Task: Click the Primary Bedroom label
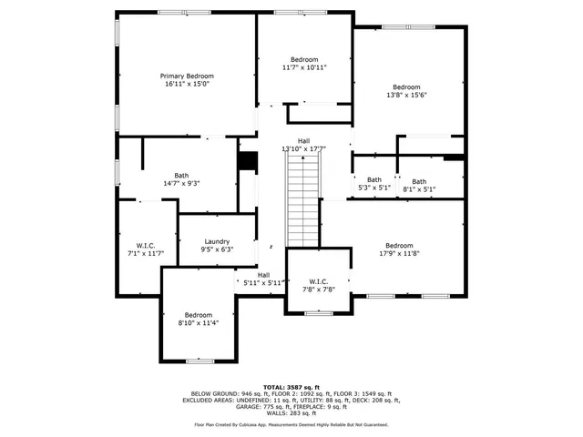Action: pos(187,76)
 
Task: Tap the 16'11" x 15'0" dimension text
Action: pos(187,84)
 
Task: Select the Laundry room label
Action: pos(217,241)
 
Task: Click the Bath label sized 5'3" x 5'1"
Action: pos(374,180)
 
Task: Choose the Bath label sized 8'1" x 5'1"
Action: pos(418,181)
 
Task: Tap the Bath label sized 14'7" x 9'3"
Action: pos(181,176)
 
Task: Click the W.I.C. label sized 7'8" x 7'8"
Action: pos(318,280)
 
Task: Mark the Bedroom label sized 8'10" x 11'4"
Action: pos(198,314)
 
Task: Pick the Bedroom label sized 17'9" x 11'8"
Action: pos(399,245)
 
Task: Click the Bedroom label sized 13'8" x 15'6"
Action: pos(406,87)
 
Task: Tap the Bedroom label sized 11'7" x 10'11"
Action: pos(304,58)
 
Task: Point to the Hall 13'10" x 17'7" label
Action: pos(303,140)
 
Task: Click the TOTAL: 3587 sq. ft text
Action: pos(291,386)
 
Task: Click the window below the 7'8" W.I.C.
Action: pos(318,313)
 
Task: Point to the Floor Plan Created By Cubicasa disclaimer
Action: pos(291,424)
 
